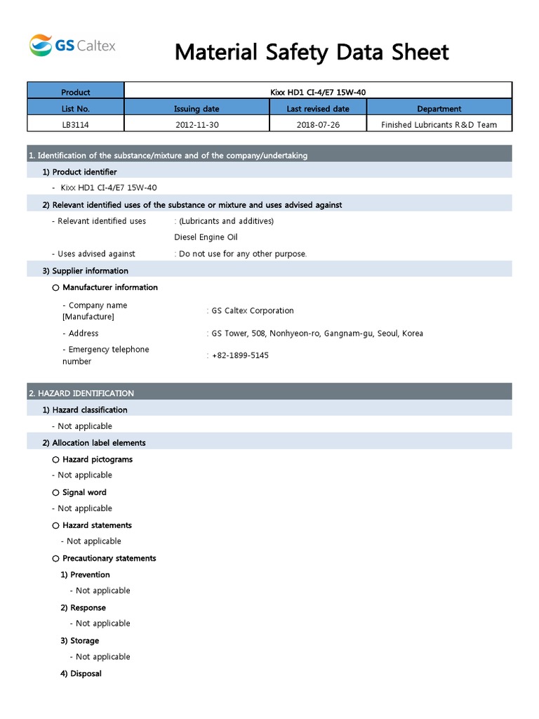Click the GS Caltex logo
pyautogui.click(x=72, y=46)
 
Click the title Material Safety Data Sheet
pyautogui.click(x=312, y=52)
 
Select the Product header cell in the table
pyautogui.click(x=76, y=92)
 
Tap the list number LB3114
pyautogui.click(x=76, y=124)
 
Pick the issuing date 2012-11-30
pyautogui.click(x=197, y=124)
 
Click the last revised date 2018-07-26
pyautogui.click(x=317, y=124)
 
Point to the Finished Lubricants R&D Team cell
pyautogui.click(x=439, y=124)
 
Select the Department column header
pyautogui.click(x=439, y=109)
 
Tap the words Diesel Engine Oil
pyautogui.click(x=206, y=237)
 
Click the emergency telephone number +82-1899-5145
pyautogui.click(x=239, y=355)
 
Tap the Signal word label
pyautogui.click(x=84, y=492)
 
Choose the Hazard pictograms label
pyautogui.click(x=97, y=459)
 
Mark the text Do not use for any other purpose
pyautogui.click(x=243, y=253)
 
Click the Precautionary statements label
pyautogui.click(x=109, y=558)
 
